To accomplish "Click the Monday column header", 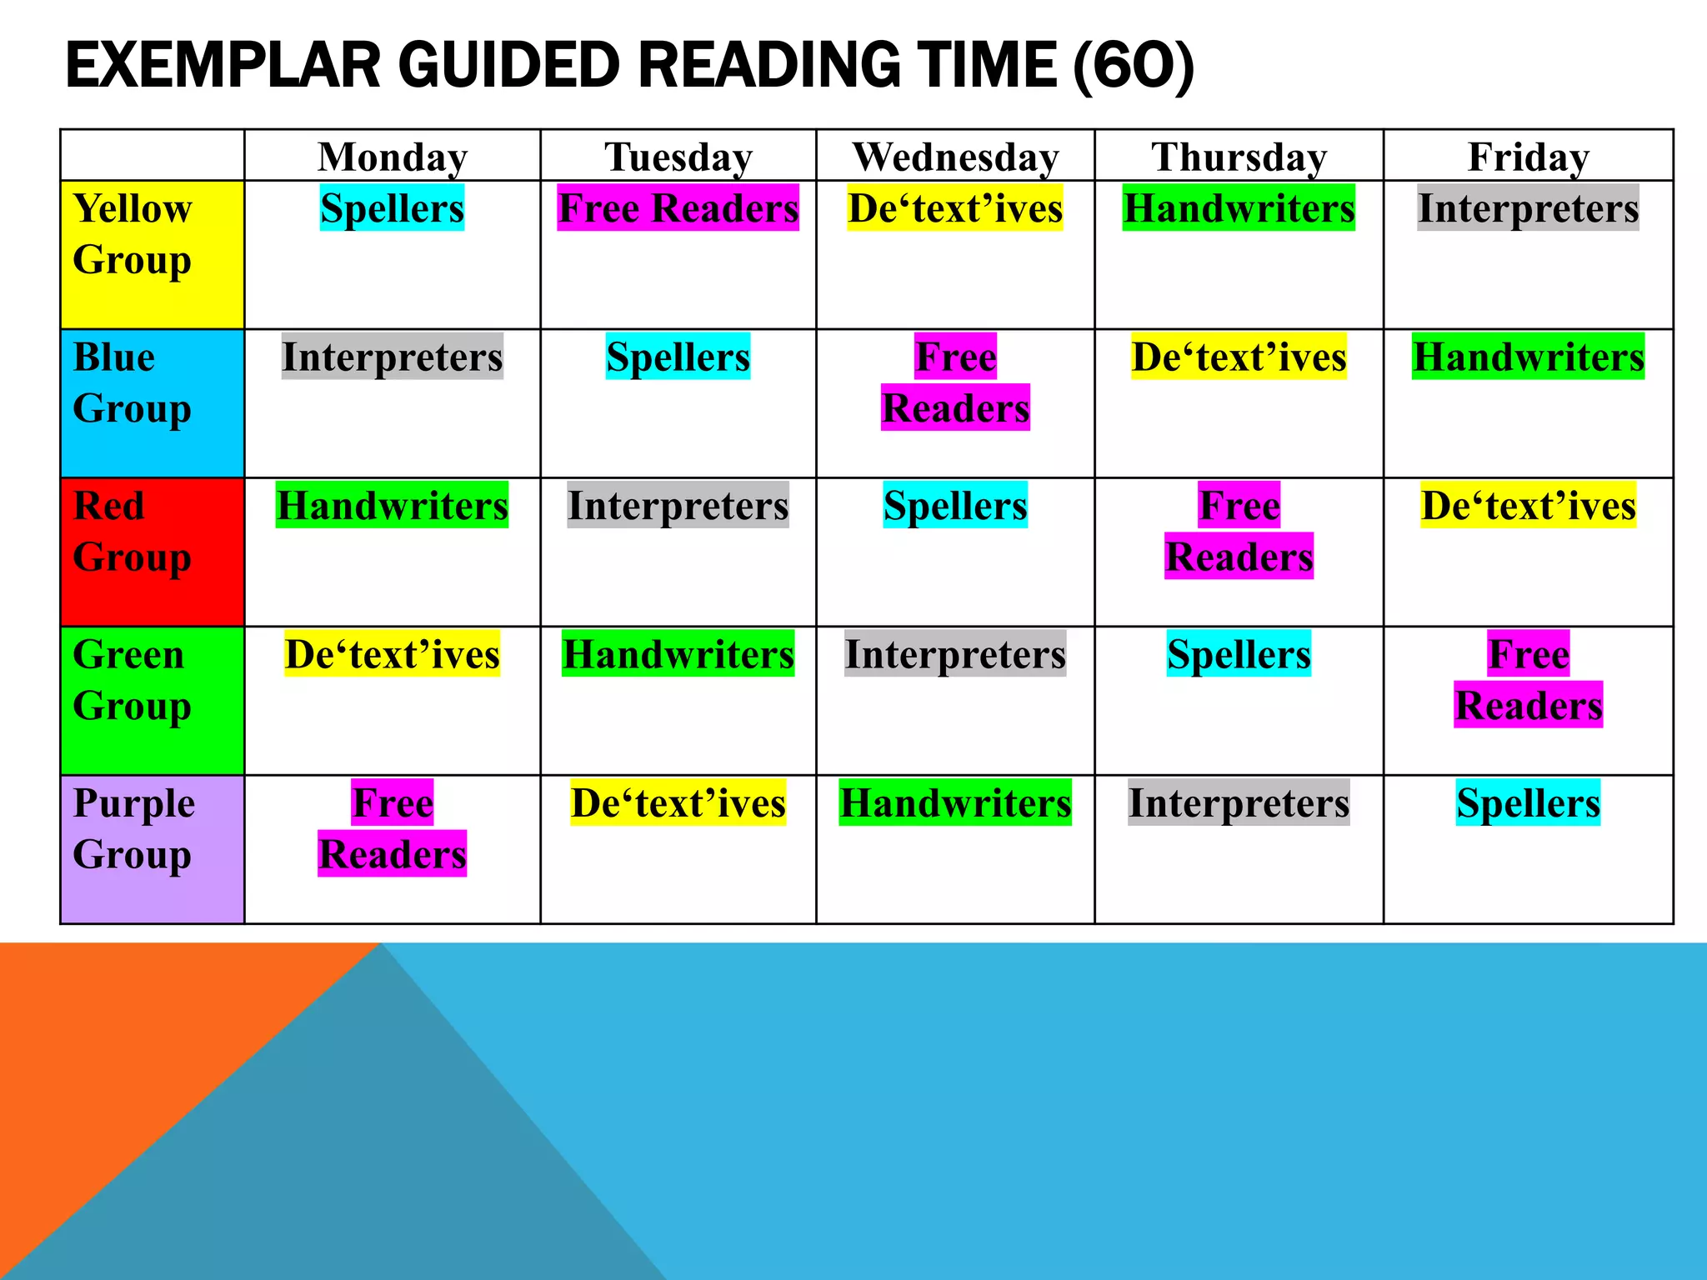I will [393, 157].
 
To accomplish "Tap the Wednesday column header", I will [955, 157].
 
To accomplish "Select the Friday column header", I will [1528, 157].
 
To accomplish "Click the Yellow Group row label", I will [133, 234].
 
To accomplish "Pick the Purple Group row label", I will [133, 829].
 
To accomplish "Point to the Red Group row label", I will [132, 532].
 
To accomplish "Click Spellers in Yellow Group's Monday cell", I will [392, 208].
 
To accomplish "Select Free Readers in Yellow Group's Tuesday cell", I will [678, 208].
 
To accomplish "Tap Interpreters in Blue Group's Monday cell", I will [392, 357].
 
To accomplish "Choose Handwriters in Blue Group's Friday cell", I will [1528, 357].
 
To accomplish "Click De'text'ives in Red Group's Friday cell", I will [1528, 505].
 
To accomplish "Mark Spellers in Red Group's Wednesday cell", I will [955, 505].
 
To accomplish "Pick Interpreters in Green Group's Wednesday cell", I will [955, 654].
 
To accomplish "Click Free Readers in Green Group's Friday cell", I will [1528, 680].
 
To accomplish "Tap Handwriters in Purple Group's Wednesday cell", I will [955, 802].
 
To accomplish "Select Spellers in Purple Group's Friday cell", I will [1528, 802].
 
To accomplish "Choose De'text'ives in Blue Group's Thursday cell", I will [1239, 357].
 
